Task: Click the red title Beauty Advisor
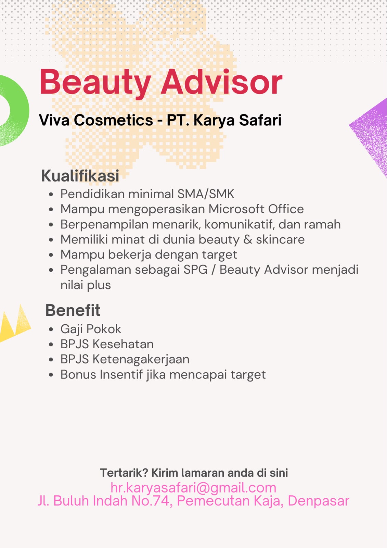click(x=161, y=83)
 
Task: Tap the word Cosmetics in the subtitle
click(x=114, y=120)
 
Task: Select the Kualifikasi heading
click(x=80, y=175)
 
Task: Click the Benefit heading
click(x=73, y=310)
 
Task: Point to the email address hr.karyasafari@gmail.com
click(x=193, y=488)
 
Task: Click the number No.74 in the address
click(x=151, y=500)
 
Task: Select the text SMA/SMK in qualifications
click(x=206, y=194)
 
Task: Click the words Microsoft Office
click(x=256, y=209)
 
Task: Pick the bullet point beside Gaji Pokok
click(x=51, y=329)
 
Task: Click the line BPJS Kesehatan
click(x=107, y=344)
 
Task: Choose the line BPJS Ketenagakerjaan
click(x=125, y=360)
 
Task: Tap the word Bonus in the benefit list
click(x=78, y=375)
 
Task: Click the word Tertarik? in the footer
click(x=124, y=473)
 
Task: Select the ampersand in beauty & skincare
click(x=248, y=239)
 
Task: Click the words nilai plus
click(x=86, y=285)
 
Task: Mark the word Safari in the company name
click(x=260, y=120)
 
